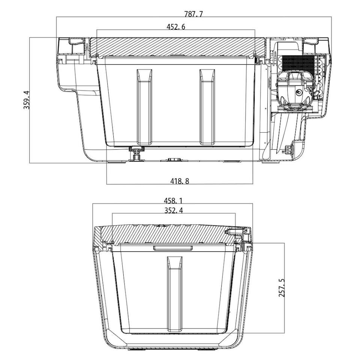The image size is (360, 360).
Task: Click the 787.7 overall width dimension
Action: click(x=193, y=14)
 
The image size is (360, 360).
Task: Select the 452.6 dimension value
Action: click(x=175, y=27)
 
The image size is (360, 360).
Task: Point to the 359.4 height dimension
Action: click(x=27, y=100)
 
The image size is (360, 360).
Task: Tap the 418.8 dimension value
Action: click(x=180, y=181)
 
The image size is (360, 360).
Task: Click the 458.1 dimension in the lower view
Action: click(x=173, y=201)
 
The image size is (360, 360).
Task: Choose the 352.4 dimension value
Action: click(x=174, y=210)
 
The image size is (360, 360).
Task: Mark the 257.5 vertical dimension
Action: click(x=282, y=288)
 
